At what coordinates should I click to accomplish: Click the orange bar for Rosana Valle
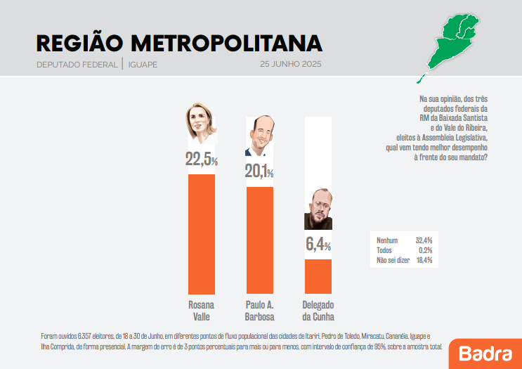pos(202,233)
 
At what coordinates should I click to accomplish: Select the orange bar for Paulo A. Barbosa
pos(259,240)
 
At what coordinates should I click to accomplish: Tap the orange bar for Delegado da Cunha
pos(318,276)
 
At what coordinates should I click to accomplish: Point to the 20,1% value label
pos(259,171)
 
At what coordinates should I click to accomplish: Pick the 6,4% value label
pos(318,245)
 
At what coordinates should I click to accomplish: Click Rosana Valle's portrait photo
pos(200,124)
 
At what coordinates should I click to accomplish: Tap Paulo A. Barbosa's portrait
pos(259,136)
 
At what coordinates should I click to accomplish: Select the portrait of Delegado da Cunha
pos(318,209)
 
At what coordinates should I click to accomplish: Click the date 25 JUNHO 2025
pos(291,65)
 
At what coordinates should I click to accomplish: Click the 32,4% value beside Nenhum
pos(424,240)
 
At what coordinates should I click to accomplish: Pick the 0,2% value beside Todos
pos(425,250)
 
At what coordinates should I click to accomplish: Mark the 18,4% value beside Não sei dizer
pos(424,260)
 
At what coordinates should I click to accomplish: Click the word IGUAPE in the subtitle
pos(143,65)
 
